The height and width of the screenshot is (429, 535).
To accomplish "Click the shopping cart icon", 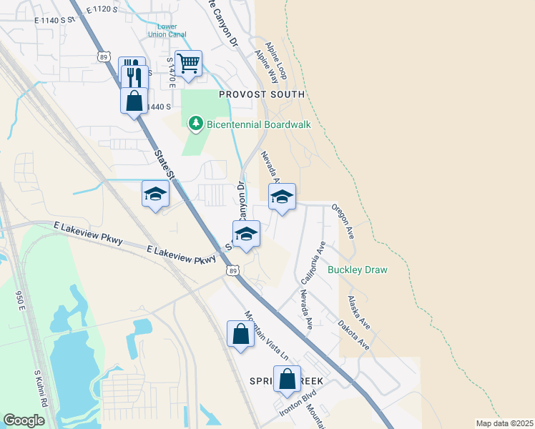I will click(189, 63).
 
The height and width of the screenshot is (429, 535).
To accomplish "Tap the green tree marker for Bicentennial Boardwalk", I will click(195, 124).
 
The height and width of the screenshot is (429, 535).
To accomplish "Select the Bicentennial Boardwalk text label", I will click(259, 124).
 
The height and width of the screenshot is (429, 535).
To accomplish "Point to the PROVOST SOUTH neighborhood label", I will click(262, 94).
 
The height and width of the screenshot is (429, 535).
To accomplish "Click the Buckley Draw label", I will click(357, 270).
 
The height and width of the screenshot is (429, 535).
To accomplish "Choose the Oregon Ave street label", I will click(343, 220).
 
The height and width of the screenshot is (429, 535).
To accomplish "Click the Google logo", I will click(24, 420).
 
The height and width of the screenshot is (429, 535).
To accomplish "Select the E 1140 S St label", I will click(54, 21).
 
